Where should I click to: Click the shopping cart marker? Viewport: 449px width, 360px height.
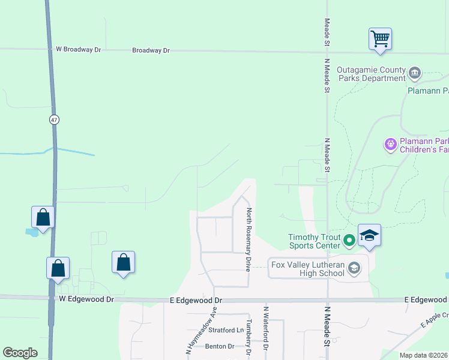(380, 39)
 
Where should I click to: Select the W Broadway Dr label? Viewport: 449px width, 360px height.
(79, 50)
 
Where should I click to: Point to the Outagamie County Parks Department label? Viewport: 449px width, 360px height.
(371, 74)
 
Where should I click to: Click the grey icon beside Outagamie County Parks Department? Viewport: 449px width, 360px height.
(415, 74)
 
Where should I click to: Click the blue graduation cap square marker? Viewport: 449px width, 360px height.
(369, 235)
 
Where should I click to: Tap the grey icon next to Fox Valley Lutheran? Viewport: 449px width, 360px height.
(354, 268)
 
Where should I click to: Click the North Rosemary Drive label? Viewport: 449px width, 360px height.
(249, 239)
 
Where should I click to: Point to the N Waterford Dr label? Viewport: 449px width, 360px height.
(265, 329)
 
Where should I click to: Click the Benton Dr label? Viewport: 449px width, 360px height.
(220, 346)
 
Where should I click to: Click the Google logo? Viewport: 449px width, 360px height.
(20, 353)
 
